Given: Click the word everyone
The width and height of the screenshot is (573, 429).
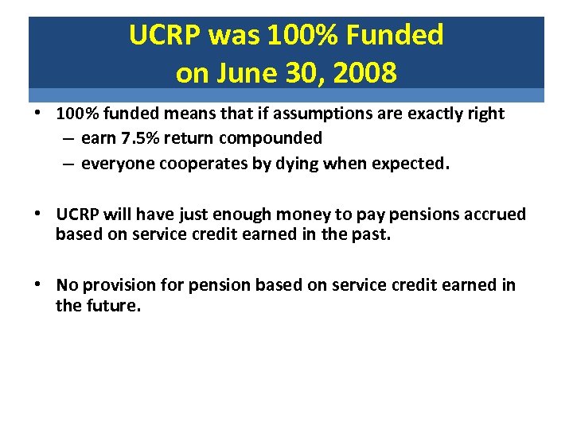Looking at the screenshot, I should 115,163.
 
